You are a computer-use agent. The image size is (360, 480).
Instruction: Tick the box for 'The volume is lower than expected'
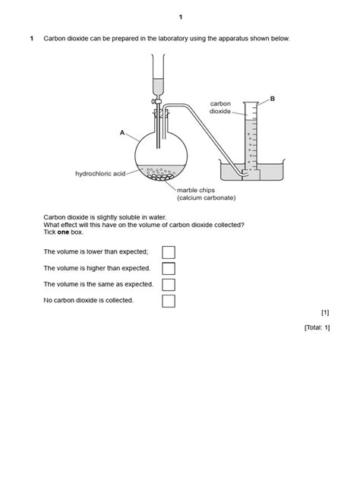tap(169, 251)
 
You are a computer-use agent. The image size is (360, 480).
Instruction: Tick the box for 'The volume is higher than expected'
tap(169, 268)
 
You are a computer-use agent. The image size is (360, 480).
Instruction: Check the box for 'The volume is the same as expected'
tap(169, 285)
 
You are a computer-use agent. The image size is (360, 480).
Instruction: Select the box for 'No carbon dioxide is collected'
tap(169, 301)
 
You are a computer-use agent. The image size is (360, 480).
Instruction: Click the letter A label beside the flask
tap(122, 132)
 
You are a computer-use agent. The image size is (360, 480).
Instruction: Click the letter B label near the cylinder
tap(272, 99)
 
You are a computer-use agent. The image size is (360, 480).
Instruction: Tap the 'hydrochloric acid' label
tap(99, 174)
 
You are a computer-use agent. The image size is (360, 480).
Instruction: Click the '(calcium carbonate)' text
tap(206, 198)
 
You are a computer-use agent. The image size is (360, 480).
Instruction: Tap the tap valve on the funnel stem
tap(156, 100)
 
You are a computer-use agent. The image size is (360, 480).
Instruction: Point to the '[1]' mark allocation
tap(325, 312)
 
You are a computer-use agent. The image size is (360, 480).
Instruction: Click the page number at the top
tap(181, 17)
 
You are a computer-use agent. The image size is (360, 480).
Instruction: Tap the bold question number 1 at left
tap(31, 39)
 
